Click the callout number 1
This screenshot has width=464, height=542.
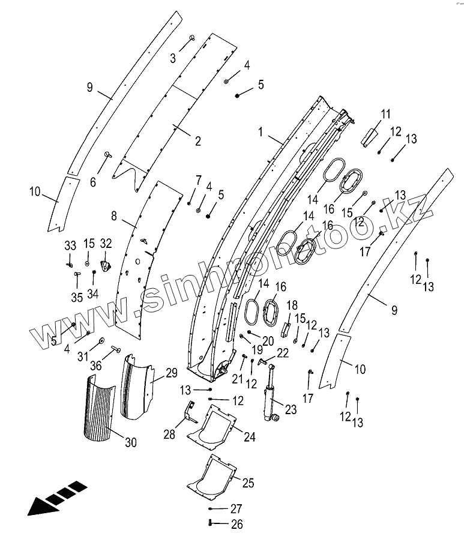tap(261, 131)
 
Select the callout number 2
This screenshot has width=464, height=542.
tap(197, 142)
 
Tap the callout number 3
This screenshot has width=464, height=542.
tap(173, 58)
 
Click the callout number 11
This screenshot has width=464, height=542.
tap(385, 113)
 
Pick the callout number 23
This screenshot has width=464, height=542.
tap(291, 410)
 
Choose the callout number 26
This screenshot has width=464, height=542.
tap(237, 524)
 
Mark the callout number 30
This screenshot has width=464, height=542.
tap(131, 443)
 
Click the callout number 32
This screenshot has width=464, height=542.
tap(106, 243)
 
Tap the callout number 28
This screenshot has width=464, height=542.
tap(169, 434)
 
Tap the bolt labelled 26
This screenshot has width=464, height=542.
tap(211, 524)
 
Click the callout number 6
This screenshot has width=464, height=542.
tap(93, 182)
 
